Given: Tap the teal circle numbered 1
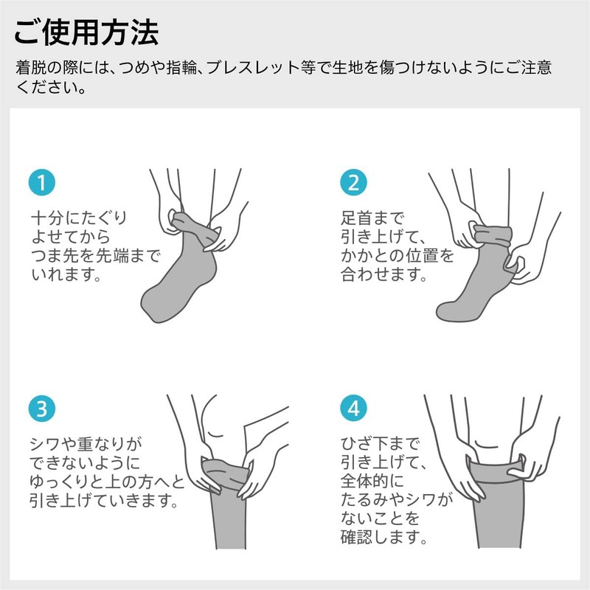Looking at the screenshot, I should point(42,183).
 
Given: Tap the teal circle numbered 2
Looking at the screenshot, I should point(353,183).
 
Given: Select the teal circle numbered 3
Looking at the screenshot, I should point(42,408).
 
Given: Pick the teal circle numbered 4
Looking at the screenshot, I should point(353,408).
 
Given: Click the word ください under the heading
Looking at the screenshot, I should point(49,88).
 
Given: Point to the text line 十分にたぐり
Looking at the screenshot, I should point(78,219).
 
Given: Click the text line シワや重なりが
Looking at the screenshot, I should point(84,444).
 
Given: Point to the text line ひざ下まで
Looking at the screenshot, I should point(380,444).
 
